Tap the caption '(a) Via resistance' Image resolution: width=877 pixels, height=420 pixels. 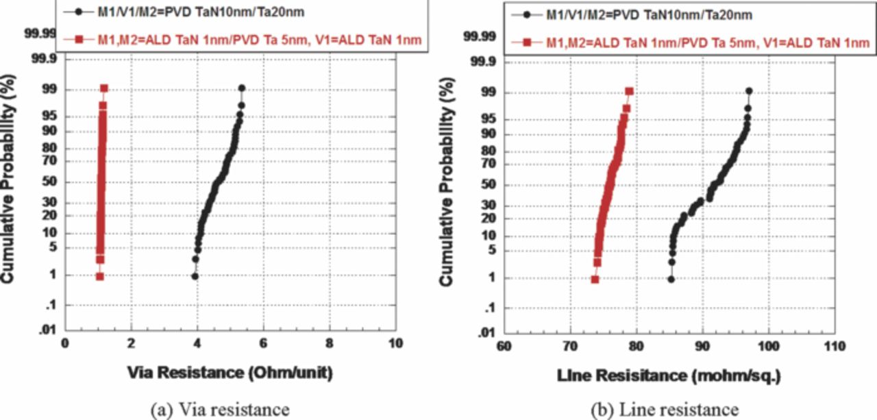pos(219,409)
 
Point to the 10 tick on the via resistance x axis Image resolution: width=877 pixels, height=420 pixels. pos(395,344)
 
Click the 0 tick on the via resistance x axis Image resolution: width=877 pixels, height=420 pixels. pos(65,344)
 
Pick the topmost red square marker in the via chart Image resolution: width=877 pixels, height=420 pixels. pos(104,88)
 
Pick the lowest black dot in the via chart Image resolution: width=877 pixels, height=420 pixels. pos(195,276)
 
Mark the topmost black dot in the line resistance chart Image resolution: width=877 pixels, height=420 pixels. pos(749,91)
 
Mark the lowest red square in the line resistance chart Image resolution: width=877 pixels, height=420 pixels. pos(595,280)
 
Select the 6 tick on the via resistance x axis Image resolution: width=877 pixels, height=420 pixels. pos(263,344)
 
